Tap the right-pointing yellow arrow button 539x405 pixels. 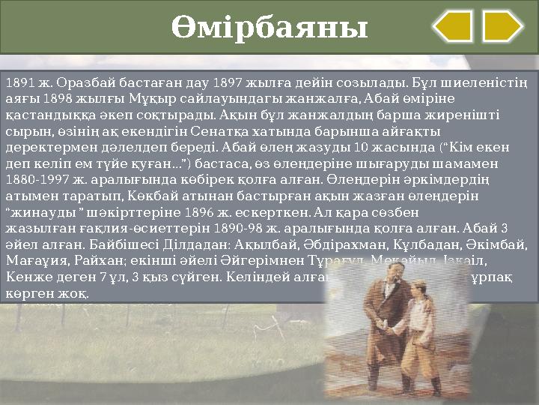coord(502,26)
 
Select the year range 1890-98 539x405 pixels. coord(240,229)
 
